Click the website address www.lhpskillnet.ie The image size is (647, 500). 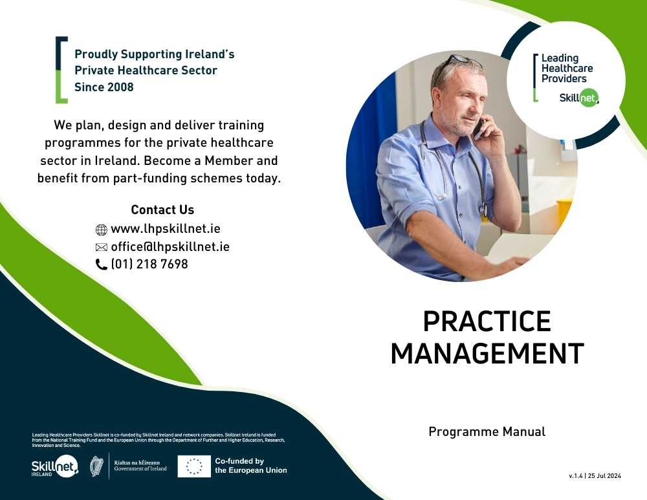click(166, 229)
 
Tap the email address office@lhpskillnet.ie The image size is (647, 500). click(170, 246)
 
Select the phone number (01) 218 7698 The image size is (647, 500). click(149, 264)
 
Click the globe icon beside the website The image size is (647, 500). click(102, 230)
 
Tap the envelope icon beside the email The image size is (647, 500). click(102, 247)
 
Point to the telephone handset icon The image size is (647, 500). click(102, 265)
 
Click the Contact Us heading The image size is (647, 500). click(162, 210)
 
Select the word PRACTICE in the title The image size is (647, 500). click(487, 321)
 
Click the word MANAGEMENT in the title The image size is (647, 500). click(487, 354)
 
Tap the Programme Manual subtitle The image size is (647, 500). click(487, 431)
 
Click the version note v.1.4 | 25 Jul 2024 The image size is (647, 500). click(595, 475)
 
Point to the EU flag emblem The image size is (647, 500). click(194, 466)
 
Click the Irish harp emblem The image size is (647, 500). click(96, 466)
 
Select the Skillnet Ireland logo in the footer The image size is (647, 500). click(54, 466)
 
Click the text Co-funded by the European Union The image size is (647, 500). click(251, 466)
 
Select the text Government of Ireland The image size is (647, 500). click(140, 469)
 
